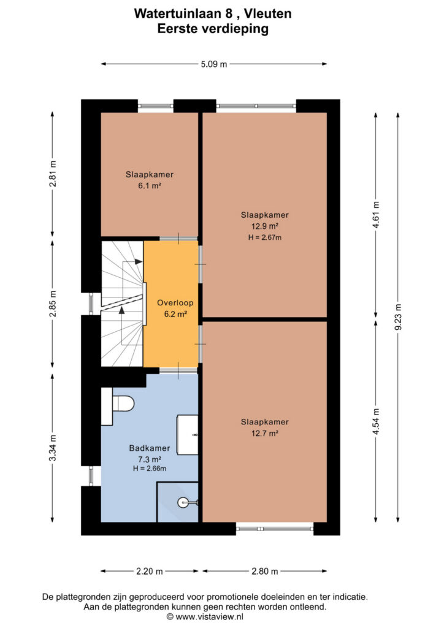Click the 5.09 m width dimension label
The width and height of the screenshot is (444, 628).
point(214,64)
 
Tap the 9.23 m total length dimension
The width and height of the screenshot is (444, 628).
point(398,317)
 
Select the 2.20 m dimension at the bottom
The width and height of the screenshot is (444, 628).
point(150,571)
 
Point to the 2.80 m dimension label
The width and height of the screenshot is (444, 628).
point(265,571)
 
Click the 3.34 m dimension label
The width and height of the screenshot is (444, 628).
point(53,448)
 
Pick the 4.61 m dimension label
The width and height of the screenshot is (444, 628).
point(376,215)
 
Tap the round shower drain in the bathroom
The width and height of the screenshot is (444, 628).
point(183,502)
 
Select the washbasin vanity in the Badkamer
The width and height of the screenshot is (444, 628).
point(188,435)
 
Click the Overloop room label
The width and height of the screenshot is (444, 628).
point(175,303)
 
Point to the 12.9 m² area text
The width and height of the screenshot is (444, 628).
point(265,226)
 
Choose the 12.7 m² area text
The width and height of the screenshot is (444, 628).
point(265,433)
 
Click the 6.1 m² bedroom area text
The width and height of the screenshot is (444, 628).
point(150,185)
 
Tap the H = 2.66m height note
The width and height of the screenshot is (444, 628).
point(150,468)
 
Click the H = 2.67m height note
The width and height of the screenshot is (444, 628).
point(265,237)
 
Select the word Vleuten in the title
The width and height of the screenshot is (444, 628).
point(267,13)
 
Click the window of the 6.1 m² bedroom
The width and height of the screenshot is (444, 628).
point(156,106)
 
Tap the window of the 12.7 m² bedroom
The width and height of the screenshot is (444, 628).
point(275,529)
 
